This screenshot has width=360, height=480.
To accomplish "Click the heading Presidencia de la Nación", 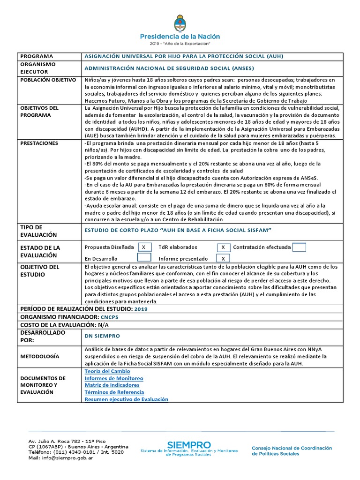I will click(180, 37).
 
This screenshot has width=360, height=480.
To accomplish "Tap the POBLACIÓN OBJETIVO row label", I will click(48, 80).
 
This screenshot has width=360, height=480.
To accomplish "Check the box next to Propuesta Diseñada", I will click(143, 247).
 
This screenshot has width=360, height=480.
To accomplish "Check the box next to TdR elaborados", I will click(224, 247).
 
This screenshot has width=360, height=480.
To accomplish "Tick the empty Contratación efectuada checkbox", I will click(299, 247).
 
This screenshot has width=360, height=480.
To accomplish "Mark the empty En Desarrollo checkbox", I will click(144, 258).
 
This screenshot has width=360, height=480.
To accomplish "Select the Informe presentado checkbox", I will click(224, 258).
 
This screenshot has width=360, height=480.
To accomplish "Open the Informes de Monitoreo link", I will click(114, 378).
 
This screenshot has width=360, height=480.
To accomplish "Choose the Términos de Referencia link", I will click(114, 392).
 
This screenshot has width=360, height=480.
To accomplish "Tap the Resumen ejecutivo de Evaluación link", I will click(126, 399).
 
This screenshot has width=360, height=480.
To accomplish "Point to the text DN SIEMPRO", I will click(102, 336).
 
